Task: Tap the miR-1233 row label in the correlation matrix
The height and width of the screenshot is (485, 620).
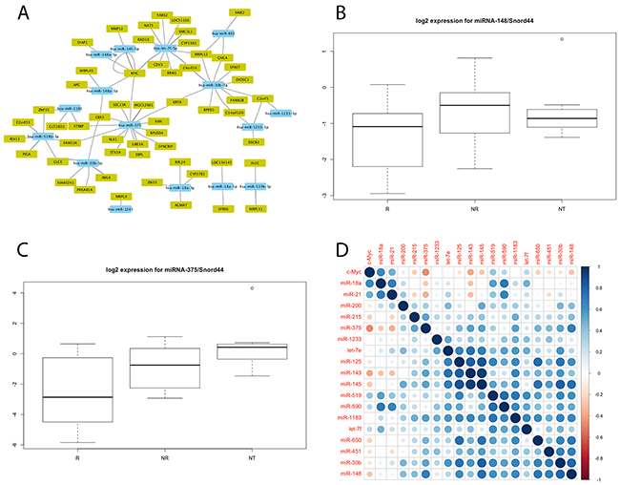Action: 346,339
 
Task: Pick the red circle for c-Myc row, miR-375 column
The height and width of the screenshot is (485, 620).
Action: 424,272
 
